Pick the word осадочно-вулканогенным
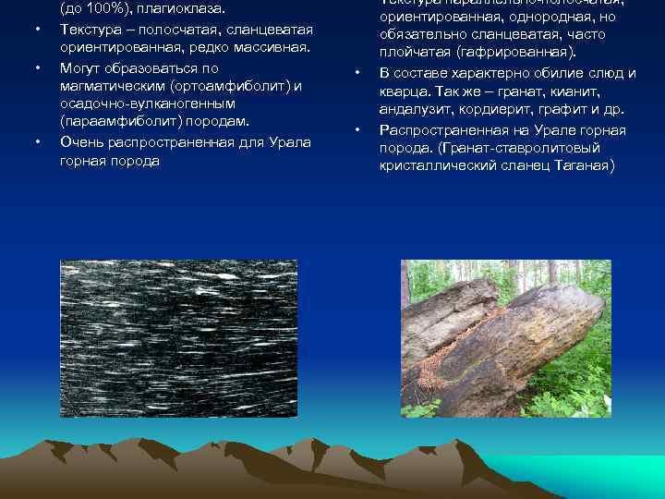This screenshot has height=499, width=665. coord(147,103)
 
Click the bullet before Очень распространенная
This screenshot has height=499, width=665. coord(38,142)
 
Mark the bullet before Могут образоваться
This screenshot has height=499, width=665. coord(38,68)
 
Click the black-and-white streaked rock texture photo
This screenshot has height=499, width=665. coord(178,339)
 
